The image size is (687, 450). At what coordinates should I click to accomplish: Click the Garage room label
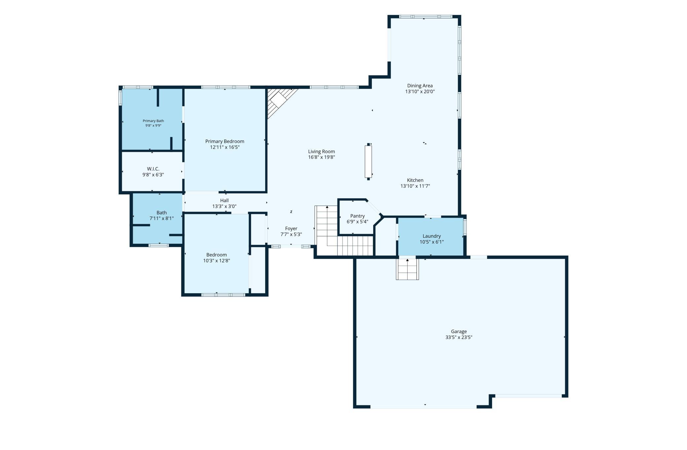click(x=459, y=331)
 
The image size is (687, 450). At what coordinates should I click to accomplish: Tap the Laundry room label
click(x=432, y=236)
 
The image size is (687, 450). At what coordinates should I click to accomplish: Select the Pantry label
click(x=357, y=216)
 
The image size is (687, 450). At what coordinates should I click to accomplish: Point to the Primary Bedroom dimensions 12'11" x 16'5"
click(x=225, y=147)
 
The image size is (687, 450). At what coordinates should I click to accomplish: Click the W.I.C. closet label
click(x=153, y=169)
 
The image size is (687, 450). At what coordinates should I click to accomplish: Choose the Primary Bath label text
click(x=153, y=121)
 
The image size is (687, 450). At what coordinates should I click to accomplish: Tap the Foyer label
click(x=291, y=228)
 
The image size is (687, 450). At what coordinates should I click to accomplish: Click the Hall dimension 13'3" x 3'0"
click(x=224, y=206)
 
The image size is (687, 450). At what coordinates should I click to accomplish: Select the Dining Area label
click(x=420, y=86)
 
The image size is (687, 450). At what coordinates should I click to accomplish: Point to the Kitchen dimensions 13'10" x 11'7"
click(x=415, y=186)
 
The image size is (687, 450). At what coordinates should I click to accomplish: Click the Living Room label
click(x=321, y=151)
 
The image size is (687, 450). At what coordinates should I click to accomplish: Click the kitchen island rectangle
click(x=368, y=162)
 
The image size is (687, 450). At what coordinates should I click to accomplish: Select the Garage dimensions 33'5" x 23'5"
click(x=459, y=338)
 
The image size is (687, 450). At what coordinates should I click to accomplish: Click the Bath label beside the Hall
click(x=162, y=213)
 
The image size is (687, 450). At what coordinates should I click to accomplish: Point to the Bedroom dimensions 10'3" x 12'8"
click(x=216, y=261)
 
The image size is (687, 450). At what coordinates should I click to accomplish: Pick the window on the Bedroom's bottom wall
click(x=223, y=295)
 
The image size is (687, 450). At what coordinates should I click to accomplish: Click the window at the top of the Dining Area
click(x=425, y=17)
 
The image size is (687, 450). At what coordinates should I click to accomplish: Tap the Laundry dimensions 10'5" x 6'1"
click(x=432, y=242)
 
